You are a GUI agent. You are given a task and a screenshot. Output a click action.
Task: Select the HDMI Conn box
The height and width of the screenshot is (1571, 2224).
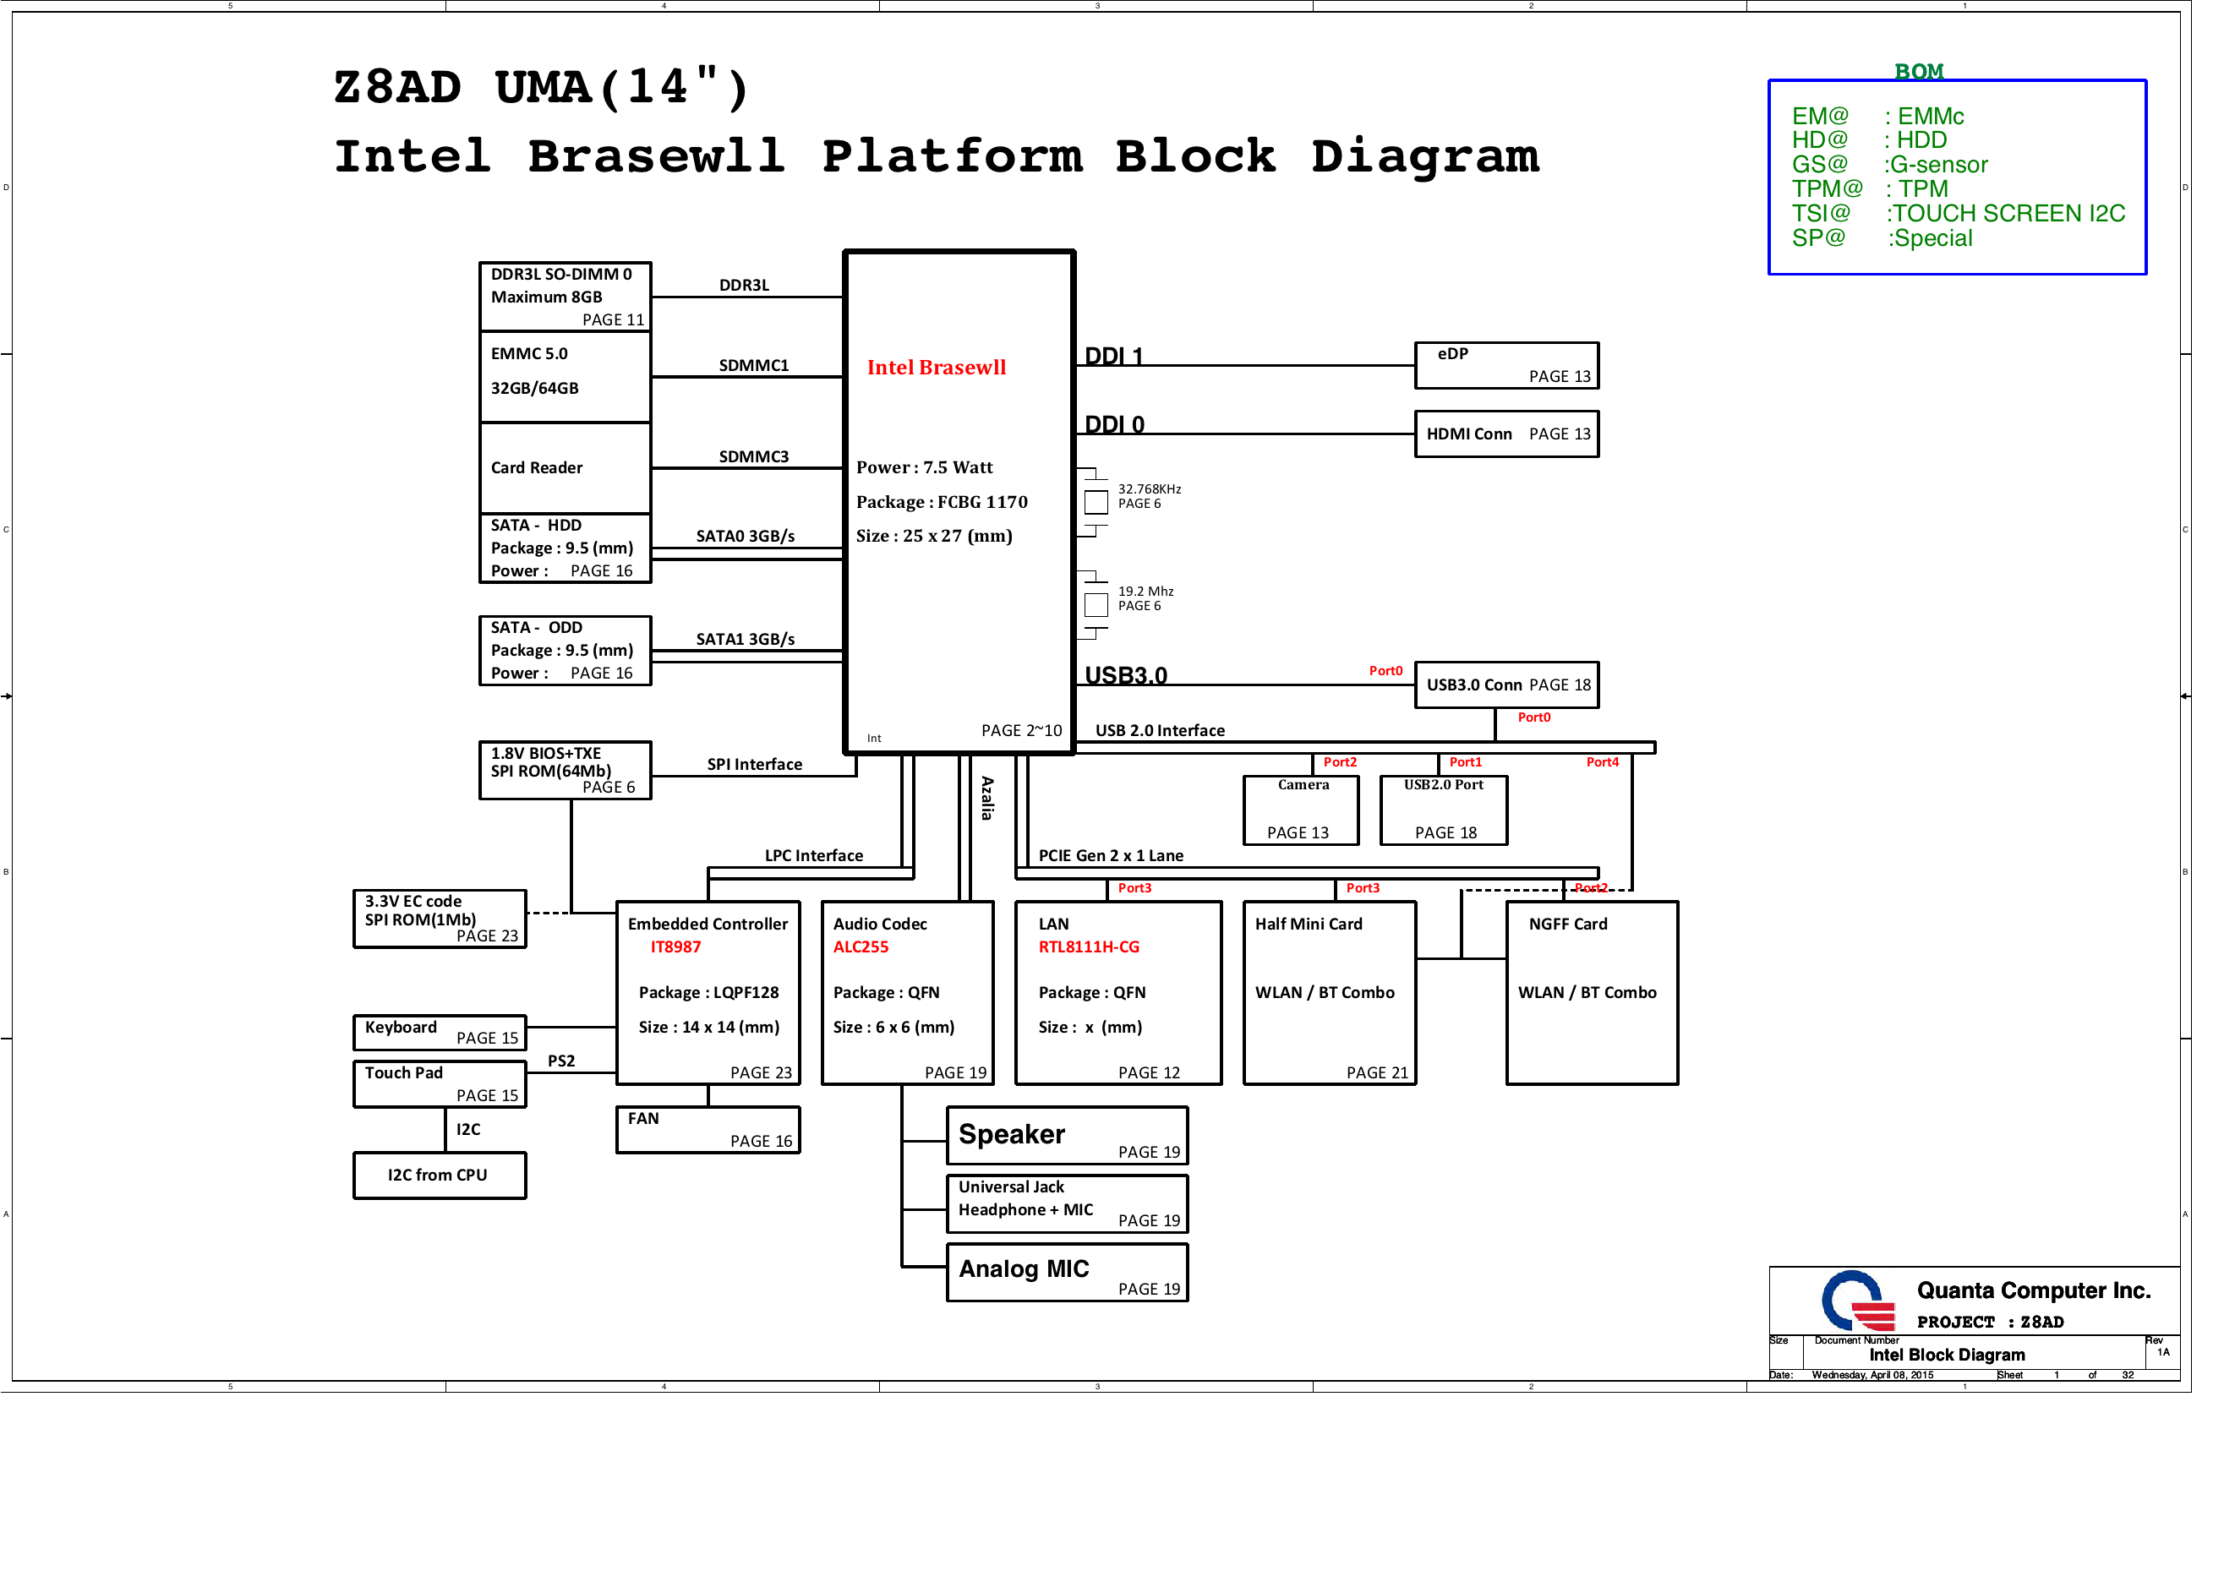[1506, 434]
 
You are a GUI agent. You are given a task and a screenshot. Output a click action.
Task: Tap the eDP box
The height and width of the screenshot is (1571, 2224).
[1506, 365]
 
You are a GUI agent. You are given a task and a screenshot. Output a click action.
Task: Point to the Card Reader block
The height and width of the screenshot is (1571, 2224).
[565, 468]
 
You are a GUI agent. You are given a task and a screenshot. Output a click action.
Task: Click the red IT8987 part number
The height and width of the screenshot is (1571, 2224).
[675, 947]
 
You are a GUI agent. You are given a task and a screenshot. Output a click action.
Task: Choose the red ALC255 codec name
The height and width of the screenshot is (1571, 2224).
[861, 947]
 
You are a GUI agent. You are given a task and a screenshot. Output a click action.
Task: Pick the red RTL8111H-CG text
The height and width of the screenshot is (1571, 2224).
[1088, 947]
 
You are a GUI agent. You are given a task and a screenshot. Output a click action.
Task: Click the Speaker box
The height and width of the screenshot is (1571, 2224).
[1067, 1135]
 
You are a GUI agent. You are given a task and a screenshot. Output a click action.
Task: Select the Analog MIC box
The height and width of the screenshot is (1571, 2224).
[1067, 1273]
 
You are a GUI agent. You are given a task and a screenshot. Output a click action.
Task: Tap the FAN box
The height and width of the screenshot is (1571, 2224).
[708, 1131]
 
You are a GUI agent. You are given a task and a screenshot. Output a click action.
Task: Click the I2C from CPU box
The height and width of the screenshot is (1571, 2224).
[439, 1176]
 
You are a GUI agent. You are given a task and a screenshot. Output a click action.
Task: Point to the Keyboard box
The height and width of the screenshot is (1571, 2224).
[439, 1033]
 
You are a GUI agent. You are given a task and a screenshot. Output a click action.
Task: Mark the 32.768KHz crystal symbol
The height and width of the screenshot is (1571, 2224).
[1096, 503]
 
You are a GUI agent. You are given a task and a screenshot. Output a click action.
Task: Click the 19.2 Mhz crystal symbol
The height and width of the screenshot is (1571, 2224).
[1096, 605]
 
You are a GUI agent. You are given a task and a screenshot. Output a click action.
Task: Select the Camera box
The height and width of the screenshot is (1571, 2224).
[1301, 810]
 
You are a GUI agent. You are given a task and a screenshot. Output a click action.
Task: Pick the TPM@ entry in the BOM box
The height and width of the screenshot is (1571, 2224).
[1826, 188]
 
